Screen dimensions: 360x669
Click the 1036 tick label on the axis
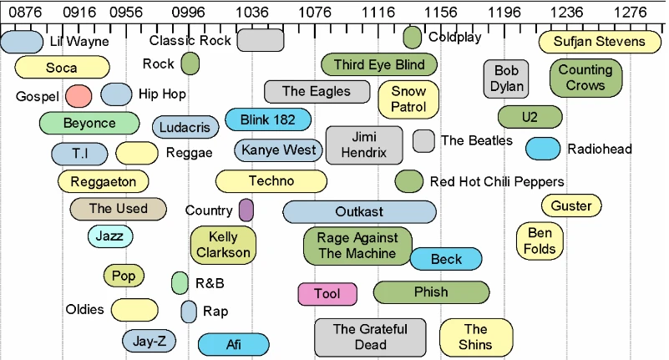tap(253, 12)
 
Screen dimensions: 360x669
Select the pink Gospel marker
tap(78, 96)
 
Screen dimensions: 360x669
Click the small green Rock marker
tap(190, 63)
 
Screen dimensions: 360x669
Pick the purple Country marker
tap(246, 210)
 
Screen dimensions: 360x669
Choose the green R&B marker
tap(180, 283)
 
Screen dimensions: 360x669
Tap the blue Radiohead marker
tap(543, 149)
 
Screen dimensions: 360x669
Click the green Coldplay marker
tap(412, 38)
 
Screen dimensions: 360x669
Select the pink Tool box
tap(327, 294)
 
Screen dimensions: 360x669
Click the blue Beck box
tap(446, 260)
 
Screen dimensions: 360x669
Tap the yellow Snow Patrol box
tap(408, 99)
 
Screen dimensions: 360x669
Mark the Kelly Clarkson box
tap(223, 245)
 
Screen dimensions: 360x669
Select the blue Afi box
tap(234, 344)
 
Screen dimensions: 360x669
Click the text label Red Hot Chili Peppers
tap(497, 181)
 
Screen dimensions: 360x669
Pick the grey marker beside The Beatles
tap(423, 141)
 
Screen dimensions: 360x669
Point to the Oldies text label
tap(85, 310)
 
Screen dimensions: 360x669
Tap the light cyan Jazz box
tap(109, 237)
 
